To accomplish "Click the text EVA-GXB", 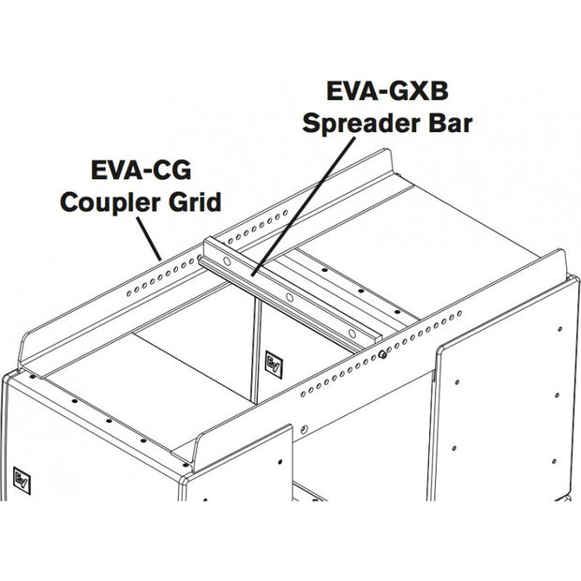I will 385,91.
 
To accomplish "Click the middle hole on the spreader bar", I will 290,298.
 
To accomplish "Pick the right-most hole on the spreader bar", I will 350,332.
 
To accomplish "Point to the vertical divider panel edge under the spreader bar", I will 256,347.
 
